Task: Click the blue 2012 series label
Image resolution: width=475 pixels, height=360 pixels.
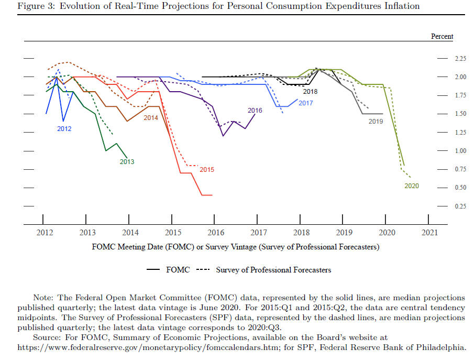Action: (64, 129)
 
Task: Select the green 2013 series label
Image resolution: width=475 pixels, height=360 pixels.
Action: (127, 162)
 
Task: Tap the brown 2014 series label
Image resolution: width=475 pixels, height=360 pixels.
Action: (150, 118)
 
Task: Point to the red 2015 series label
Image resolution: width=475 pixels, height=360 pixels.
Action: (207, 170)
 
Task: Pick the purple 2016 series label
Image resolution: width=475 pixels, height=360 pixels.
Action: (255, 111)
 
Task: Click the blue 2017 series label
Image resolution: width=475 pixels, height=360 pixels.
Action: (306, 103)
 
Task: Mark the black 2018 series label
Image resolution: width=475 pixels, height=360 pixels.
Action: (310, 92)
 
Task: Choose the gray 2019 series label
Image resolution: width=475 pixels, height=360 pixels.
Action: (375, 122)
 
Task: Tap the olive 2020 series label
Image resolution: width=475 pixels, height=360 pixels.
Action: (412, 186)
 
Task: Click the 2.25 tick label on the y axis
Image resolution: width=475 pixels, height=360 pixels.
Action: (460, 59)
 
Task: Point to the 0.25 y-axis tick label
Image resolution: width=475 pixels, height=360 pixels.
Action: (460, 206)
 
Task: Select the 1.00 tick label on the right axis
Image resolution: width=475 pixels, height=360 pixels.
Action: (460, 151)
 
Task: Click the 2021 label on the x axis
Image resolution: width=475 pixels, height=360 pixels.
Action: (429, 233)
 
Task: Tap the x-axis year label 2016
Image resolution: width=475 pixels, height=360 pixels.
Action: (216, 233)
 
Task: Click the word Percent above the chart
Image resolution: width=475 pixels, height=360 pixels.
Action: (442, 36)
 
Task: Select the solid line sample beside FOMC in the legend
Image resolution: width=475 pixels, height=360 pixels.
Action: (153, 269)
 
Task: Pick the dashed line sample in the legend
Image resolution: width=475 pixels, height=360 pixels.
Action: (203, 269)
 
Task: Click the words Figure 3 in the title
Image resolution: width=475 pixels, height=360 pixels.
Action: (36, 6)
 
